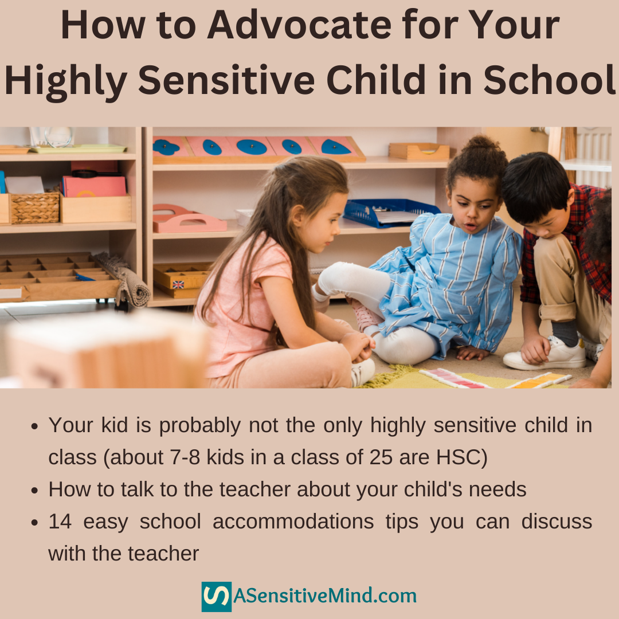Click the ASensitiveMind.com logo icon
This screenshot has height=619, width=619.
click(216, 597)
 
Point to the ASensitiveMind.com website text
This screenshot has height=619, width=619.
click(324, 597)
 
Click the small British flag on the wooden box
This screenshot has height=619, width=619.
click(178, 284)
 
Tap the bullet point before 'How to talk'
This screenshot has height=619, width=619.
click(36, 490)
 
